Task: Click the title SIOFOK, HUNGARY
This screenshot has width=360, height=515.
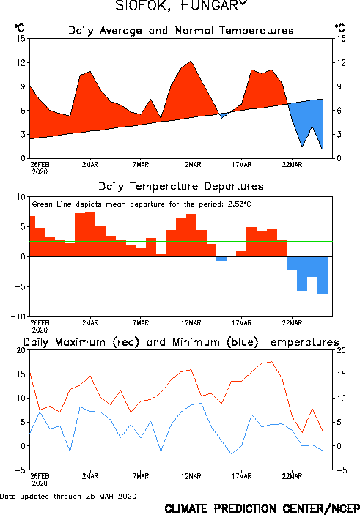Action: [181, 6]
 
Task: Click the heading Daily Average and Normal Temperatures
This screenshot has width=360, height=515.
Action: [181, 31]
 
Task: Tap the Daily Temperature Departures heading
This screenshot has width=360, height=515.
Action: [181, 186]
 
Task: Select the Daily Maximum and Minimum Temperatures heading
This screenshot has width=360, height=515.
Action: [181, 342]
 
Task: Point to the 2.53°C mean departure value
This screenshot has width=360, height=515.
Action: [239, 204]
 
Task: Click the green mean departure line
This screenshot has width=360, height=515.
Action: [181, 242]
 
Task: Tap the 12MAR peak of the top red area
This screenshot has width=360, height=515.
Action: [191, 61]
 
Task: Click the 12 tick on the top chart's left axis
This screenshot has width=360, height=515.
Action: [21, 62]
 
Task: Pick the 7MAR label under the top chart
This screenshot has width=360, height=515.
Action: [141, 165]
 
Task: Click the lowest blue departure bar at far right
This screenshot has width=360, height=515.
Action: [322, 275]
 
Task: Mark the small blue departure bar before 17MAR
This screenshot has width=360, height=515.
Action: [221, 259]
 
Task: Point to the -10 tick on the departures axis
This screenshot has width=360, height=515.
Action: [18, 316]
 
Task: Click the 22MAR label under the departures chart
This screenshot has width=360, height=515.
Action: [292, 323]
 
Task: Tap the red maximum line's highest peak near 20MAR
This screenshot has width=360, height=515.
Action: [271, 362]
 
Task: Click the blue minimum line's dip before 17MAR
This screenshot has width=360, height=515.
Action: [232, 454]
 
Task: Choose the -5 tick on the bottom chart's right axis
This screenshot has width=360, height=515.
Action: [340, 470]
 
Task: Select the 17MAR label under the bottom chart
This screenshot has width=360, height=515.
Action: [242, 476]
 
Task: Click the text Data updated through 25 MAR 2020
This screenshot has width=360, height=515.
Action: [68, 496]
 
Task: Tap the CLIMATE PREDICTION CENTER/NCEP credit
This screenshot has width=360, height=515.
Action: [262, 508]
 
